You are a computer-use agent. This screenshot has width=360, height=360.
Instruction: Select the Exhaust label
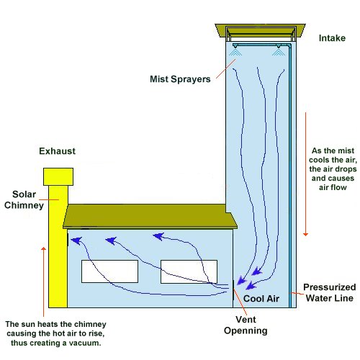[57, 151]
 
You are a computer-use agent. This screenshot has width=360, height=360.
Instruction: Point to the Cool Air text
[259, 297]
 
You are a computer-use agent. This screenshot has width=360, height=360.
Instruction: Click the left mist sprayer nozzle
[235, 51]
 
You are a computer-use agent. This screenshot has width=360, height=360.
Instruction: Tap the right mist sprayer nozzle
[276, 51]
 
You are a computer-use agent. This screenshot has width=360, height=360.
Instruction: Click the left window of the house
[109, 271]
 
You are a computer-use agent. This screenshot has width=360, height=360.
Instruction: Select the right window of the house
[189, 271]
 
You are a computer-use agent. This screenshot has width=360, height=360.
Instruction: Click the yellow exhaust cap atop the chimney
[58, 177]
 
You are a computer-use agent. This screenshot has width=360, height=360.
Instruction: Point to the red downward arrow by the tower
[306, 173]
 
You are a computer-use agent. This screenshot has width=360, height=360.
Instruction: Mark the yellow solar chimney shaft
[57, 252]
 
